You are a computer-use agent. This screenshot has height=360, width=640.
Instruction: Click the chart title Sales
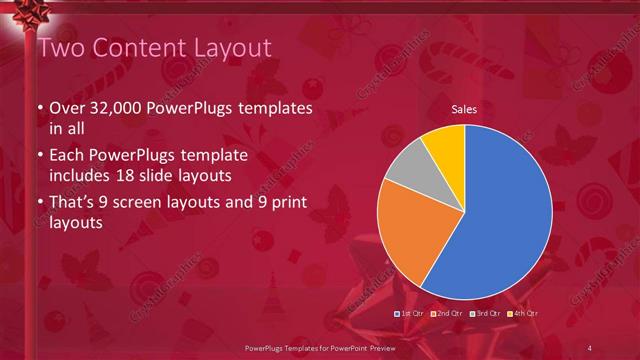[464, 109]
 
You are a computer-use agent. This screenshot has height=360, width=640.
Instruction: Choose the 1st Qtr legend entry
[412, 314]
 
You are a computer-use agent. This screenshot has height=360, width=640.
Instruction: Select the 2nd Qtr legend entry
[448, 314]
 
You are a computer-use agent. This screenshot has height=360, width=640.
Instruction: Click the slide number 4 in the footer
[589, 347]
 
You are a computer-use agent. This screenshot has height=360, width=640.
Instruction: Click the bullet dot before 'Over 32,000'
[39, 109]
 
